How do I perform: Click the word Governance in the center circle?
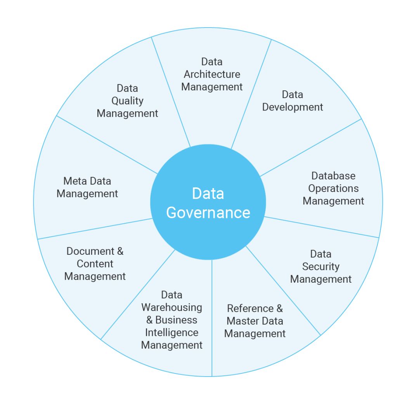[208, 213]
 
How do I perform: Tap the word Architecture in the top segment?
[212, 74]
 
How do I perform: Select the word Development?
[293, 107]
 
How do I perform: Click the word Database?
[333, 176]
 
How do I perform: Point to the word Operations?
[333, 188]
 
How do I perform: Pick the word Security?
[320, 267]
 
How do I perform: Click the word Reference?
[250, 308]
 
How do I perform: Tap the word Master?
[242, 321]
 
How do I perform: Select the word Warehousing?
[171, 308]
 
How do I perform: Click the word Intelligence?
[171, 332]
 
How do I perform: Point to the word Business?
[176, 320]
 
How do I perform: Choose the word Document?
[90, 251]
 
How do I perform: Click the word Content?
[95, 264]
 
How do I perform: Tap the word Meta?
[73, 181]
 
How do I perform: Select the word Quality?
[127, 101]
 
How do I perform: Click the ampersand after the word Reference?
[279, 308]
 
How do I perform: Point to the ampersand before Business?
[149, 320]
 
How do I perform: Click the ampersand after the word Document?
[120, 251]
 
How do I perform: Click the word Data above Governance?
[208, 194]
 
